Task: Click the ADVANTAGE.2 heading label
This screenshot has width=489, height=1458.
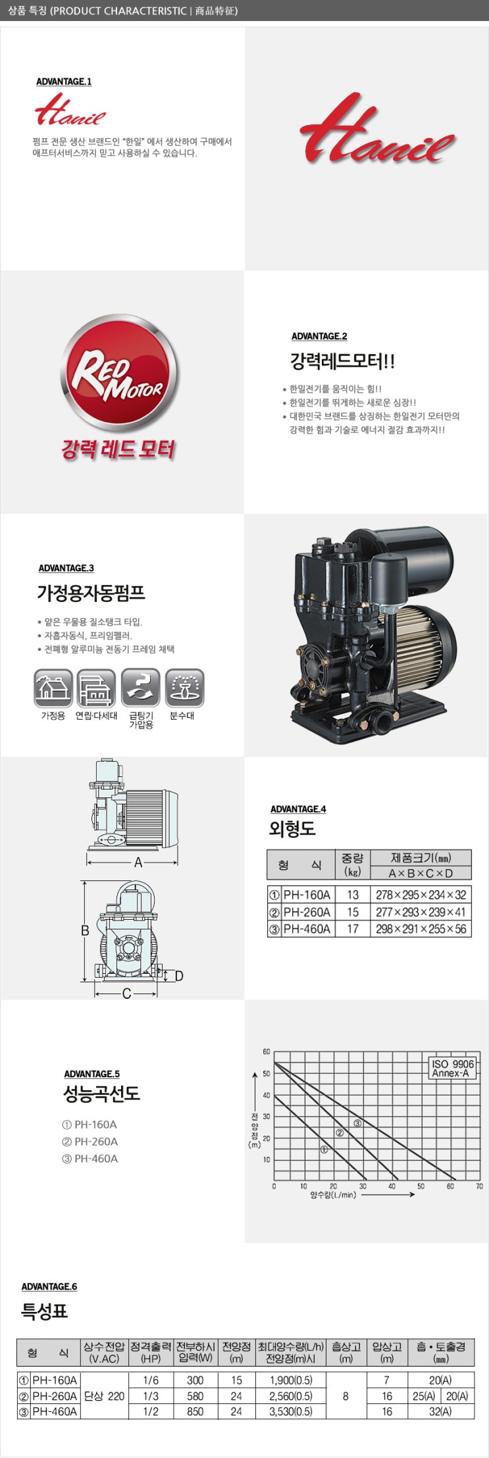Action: [319, 336]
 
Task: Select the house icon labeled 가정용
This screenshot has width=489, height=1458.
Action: [53, 689]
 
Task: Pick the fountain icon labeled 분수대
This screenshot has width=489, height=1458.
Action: [184, 689]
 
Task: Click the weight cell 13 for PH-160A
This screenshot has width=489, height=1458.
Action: [353, 895]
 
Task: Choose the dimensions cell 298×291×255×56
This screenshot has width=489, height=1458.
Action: [421, 929]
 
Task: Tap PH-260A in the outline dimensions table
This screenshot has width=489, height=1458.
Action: [307, 912]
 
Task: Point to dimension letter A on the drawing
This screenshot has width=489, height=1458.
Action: [138, 863]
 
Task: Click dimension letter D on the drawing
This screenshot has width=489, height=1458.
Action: [178, 976]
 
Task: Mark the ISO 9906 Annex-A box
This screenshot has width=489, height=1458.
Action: [452, 1068]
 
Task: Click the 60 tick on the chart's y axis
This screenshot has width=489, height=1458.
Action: [267, 1052]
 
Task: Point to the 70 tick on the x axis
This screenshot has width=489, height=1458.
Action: [479, 1186]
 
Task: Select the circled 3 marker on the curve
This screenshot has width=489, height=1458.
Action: [357, 1123]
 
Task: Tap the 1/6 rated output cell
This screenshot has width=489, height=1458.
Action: [151, 1380]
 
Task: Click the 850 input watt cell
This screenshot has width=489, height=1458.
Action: [195, 1411]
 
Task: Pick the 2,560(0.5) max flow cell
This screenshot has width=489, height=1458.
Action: [290, 1396]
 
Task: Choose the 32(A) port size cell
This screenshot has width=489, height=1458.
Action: [440, 1411]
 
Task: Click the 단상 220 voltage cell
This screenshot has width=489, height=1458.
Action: [104, 1396]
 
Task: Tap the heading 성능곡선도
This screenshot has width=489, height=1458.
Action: [101, 1094]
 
